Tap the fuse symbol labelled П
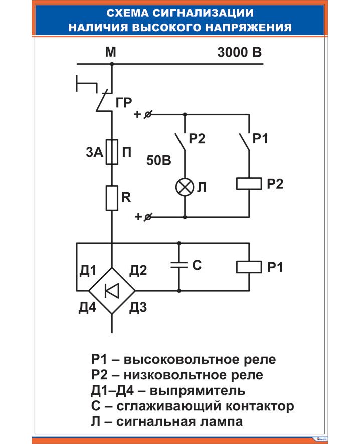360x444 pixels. (x=112, y=152)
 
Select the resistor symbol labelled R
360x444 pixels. (x=112, y=198)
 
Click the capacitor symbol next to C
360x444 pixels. (x=179, y=265)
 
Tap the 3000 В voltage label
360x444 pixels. (x=240, y=52)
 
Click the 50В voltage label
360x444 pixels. (x=159, y=161)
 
